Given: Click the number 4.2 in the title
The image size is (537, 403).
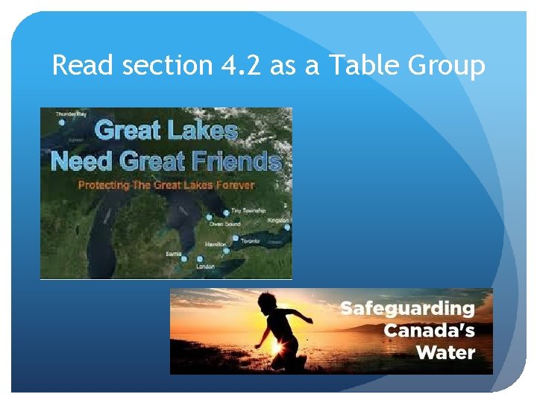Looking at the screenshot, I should (243, 66).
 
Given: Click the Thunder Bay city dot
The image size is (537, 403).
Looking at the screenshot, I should (61, 122).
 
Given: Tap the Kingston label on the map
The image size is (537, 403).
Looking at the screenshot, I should (278, 220).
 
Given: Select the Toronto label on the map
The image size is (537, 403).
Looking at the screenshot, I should (251, 242).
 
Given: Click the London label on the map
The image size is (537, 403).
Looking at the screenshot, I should (205, 266).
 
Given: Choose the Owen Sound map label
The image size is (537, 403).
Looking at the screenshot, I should (225, 224).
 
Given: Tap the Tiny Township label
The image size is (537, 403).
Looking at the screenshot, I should (248, 211).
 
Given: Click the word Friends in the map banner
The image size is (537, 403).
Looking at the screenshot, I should (239, 162).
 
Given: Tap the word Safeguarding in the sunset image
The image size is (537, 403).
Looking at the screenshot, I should (407, 308).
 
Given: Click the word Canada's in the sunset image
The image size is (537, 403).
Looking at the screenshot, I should (429, 329).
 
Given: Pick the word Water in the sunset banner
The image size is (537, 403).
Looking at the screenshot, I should (446, 352).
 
